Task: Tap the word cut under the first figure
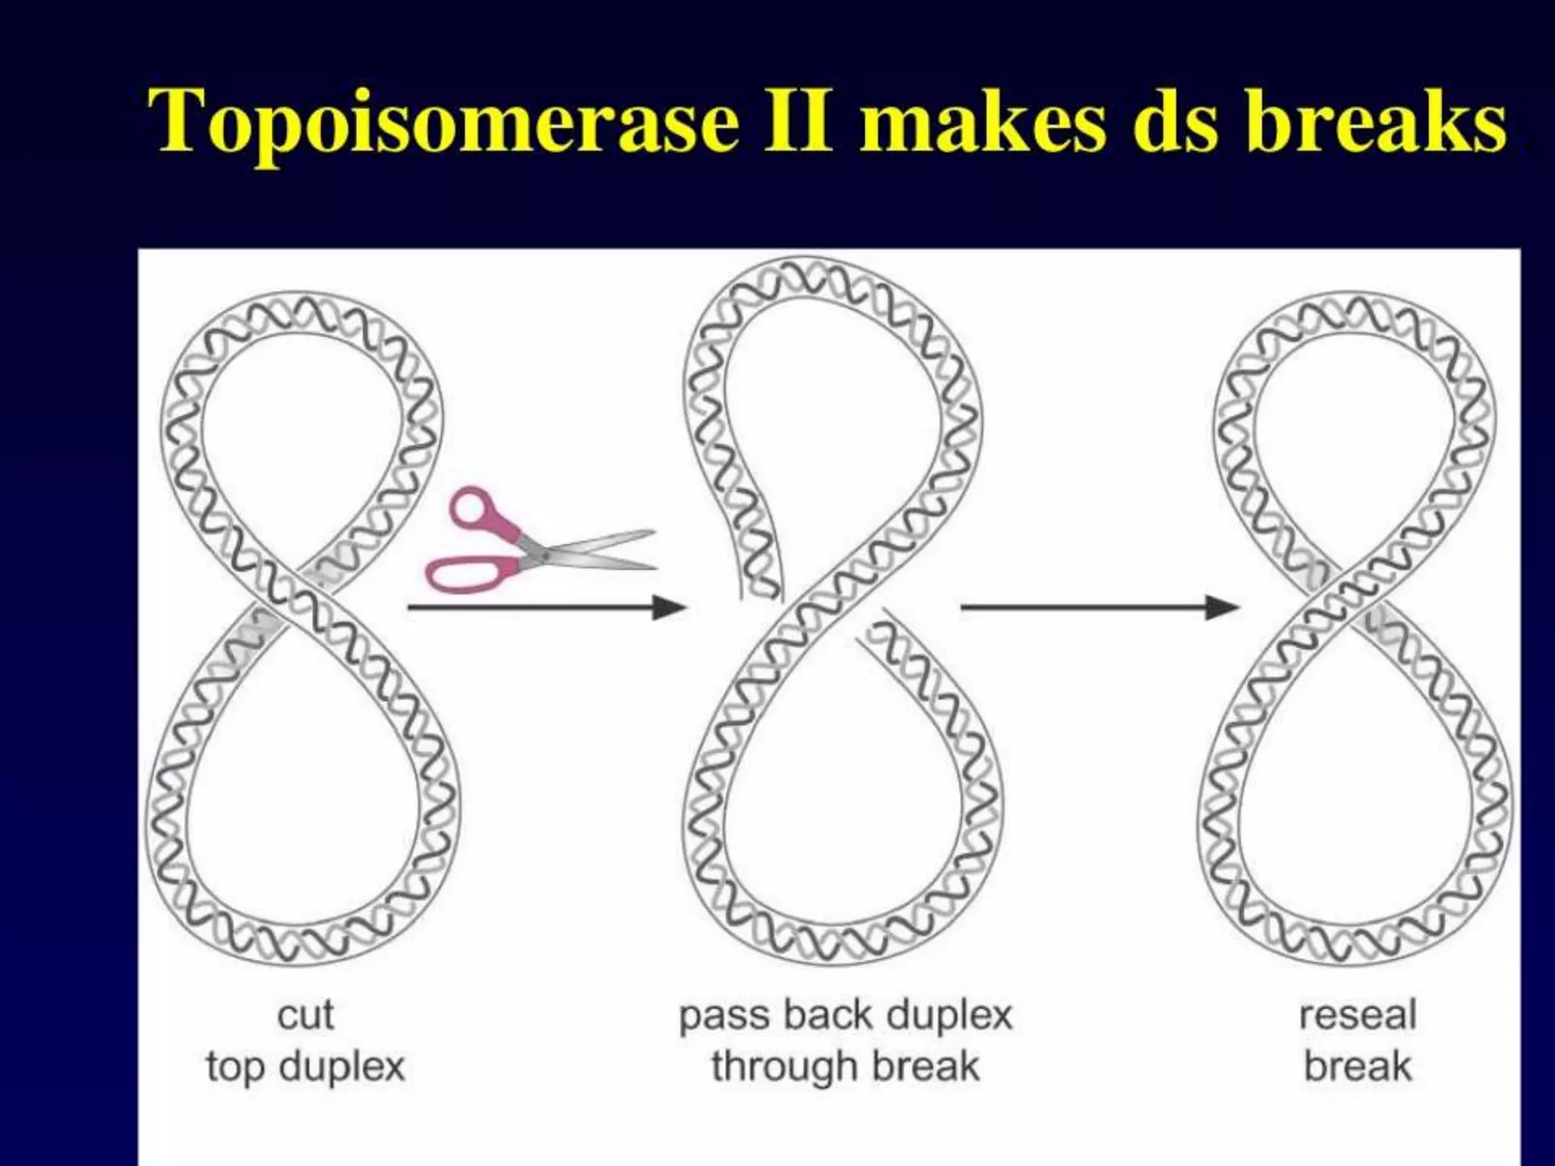click(x=305, y=1015)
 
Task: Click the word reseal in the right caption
click(x=1358, y=1015)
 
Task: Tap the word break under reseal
click(x=1358, y=1067)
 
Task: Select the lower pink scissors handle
click(x=463, y=573)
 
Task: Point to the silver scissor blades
click(x=600, y=550)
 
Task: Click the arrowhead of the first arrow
click(x=671, y=607)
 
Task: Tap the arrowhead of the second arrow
click(x=1224, y=607)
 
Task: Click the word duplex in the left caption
click(x=342, y=1067)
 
